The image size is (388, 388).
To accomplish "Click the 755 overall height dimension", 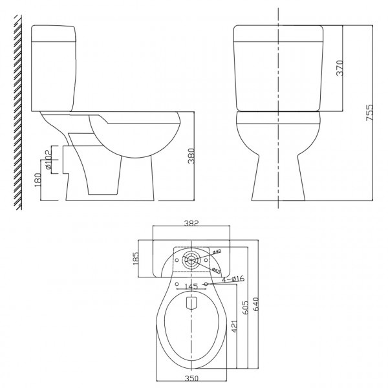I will [x=369, y=113].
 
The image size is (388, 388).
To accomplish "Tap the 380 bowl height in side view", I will [x=190, y=156].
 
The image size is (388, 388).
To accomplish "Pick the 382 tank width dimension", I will [x=191, y=224].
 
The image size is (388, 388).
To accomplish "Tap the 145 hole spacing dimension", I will [x=190, y=285].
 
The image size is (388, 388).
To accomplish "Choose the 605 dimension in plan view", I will [x=244, y=308].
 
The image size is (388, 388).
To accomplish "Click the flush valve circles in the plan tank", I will [x=191, y=261].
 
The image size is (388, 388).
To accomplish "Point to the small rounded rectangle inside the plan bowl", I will [x=191, y=302].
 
